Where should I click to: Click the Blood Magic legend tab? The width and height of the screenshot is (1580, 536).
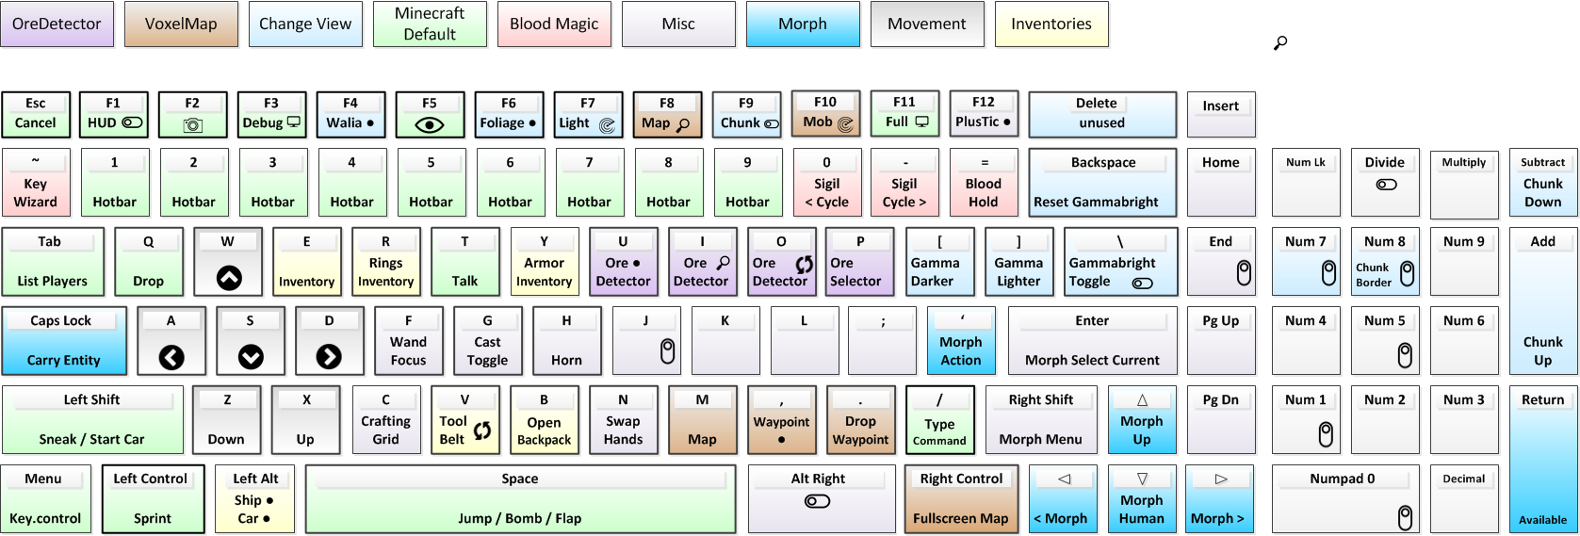click(554, 24)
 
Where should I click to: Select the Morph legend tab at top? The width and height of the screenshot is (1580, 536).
click(803, 24)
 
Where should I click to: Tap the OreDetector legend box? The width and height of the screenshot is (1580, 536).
click(57, 24)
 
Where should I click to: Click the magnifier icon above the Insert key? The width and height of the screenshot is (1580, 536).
click(1279, 42)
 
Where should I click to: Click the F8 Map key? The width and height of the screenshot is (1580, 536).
click(667, 114)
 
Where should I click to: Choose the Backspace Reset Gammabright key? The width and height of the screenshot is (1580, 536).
click(1102, 183)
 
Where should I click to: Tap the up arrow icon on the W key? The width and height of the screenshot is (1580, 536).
click(229, 278)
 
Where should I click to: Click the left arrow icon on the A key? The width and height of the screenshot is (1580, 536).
click(171, 357)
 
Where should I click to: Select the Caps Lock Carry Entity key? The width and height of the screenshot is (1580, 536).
click(64, 341)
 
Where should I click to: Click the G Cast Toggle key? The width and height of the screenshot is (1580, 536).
click(487, 341)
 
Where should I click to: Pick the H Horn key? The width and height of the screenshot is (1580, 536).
click(566, 341)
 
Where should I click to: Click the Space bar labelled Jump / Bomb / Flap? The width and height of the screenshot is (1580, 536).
click(520, 499)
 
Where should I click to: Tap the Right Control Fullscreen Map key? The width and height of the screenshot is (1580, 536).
click(961, 499)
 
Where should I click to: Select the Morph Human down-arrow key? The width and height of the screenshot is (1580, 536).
click(1142, 499)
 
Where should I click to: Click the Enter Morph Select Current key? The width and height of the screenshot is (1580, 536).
click(1092, 341)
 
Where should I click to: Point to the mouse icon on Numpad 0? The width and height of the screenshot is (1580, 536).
click(1405, 517)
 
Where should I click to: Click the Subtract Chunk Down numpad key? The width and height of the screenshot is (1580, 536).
click(1542, 183)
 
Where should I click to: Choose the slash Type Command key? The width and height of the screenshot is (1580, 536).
click(939, 420)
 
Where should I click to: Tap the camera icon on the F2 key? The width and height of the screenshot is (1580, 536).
click(192, 124)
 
